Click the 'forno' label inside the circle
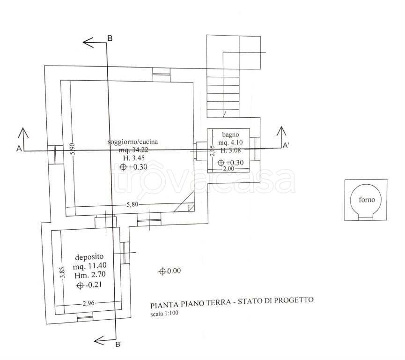(x=367, y=200)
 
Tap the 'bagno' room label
(x=230, y=135)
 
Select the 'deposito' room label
(x=89, y=257)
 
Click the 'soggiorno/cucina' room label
(x=133, y=142)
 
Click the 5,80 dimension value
(x=132, y=204)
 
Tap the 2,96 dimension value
(x=88, y=303)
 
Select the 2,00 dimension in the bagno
(x=228, y=169)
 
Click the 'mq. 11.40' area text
(x=89, y=266)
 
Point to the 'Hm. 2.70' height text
(x=90, y=275)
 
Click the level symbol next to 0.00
(x=162, y=271)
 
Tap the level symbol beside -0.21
(x=80, y=285)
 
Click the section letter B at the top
(x=110, y=38)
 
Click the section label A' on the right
(x=286, y=146)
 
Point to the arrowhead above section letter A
(x=23, y=132)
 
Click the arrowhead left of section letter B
(x=88, y=42)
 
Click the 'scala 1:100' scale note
(x=164, y=314)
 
